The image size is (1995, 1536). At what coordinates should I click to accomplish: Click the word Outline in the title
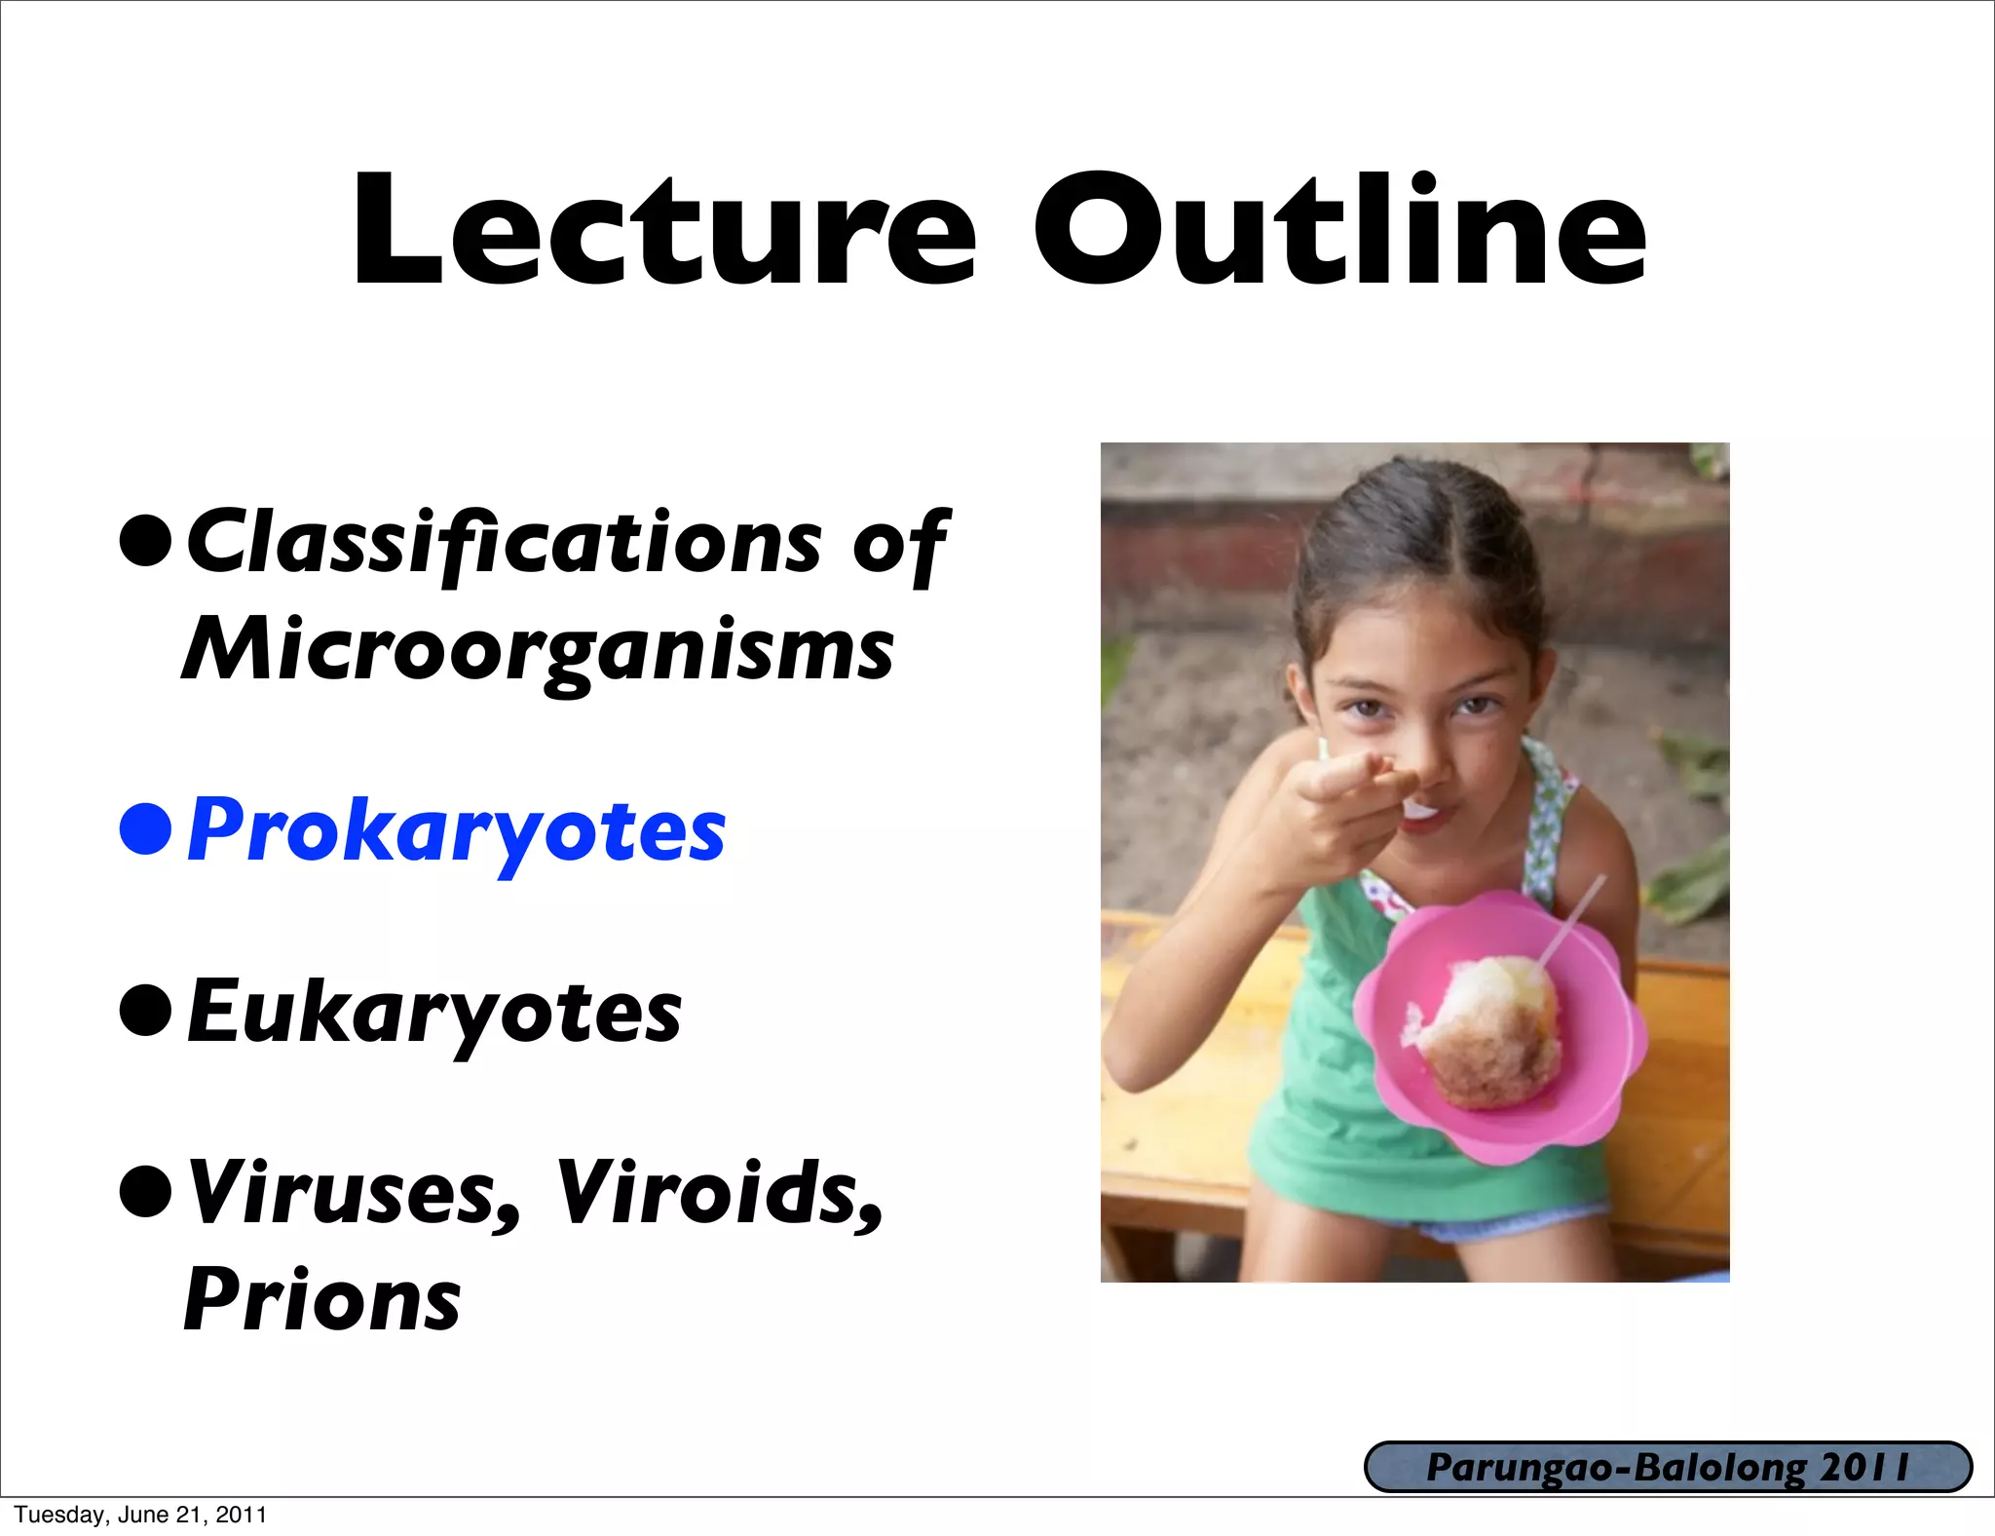(x=1338, y=232)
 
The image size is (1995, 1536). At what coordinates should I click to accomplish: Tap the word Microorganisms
(x=538, y=651)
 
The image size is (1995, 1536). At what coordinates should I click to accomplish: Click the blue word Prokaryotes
(x=456, y=830)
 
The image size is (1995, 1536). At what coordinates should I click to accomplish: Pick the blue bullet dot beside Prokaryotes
(x=146, y=829)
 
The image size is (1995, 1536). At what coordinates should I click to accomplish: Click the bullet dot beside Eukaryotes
(x=146, y=1011)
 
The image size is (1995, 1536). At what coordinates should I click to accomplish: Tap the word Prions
(x=322, y=1301)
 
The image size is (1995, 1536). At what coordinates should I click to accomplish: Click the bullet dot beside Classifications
(x=146, y=540)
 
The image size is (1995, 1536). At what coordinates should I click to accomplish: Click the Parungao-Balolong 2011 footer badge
(x=1668, y=1468)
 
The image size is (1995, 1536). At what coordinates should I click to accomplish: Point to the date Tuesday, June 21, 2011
(x=140, y=1515)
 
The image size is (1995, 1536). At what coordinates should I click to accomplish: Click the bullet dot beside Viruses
(x=146, y=1191)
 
